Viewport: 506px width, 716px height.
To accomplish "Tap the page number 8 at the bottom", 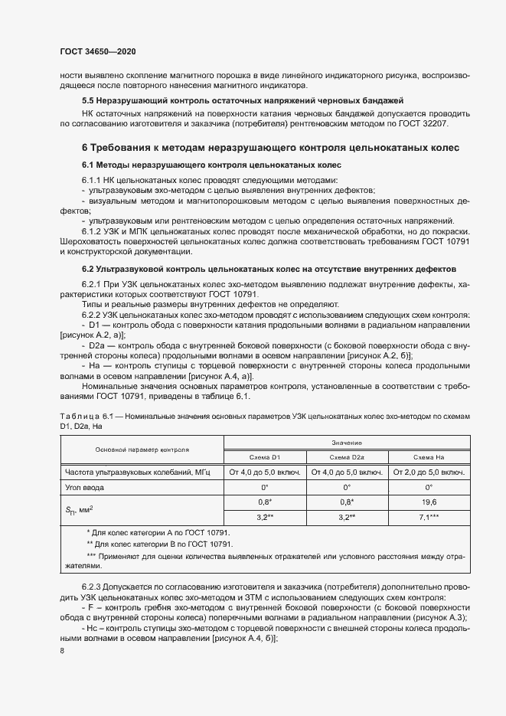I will (62, 651).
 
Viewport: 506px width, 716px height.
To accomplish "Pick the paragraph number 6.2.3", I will (93, 587).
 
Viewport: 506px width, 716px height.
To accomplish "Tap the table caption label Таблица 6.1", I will (85, 414).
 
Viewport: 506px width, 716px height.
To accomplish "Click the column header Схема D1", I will (264, 456).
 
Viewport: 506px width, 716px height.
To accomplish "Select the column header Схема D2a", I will (347, 456).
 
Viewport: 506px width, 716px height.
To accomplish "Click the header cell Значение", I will (346, 443).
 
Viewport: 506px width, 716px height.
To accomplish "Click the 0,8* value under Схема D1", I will (264, 502).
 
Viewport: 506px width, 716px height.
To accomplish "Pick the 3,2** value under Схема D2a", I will (347, 517).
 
